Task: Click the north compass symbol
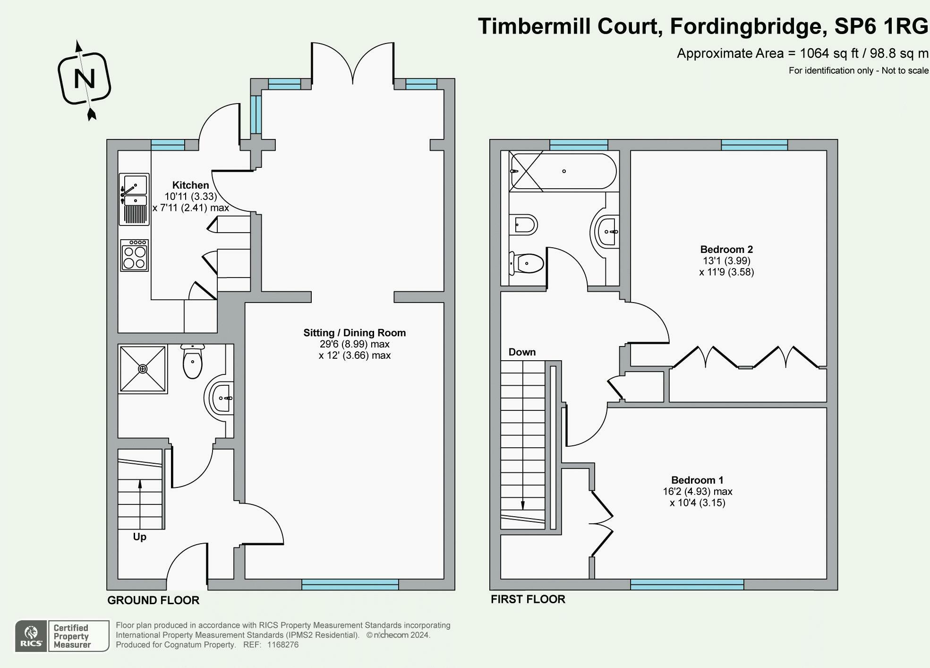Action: click(85, 79)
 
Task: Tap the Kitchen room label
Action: click(190, 185)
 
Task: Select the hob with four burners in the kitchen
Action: click(135, 256)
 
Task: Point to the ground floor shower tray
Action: click(143, 369)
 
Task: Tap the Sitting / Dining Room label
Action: click(354, 333)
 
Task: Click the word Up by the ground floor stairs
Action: click(139, 537)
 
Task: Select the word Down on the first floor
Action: click(522, 352)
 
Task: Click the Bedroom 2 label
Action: click(726, 250)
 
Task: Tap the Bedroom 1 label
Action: click(697, 480)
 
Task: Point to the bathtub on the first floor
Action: click(563, 171)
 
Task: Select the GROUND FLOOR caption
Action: click(153, 600)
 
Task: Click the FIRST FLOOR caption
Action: click(528, 599)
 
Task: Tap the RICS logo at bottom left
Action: click(31, 636)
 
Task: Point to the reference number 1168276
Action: click(282, 645)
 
